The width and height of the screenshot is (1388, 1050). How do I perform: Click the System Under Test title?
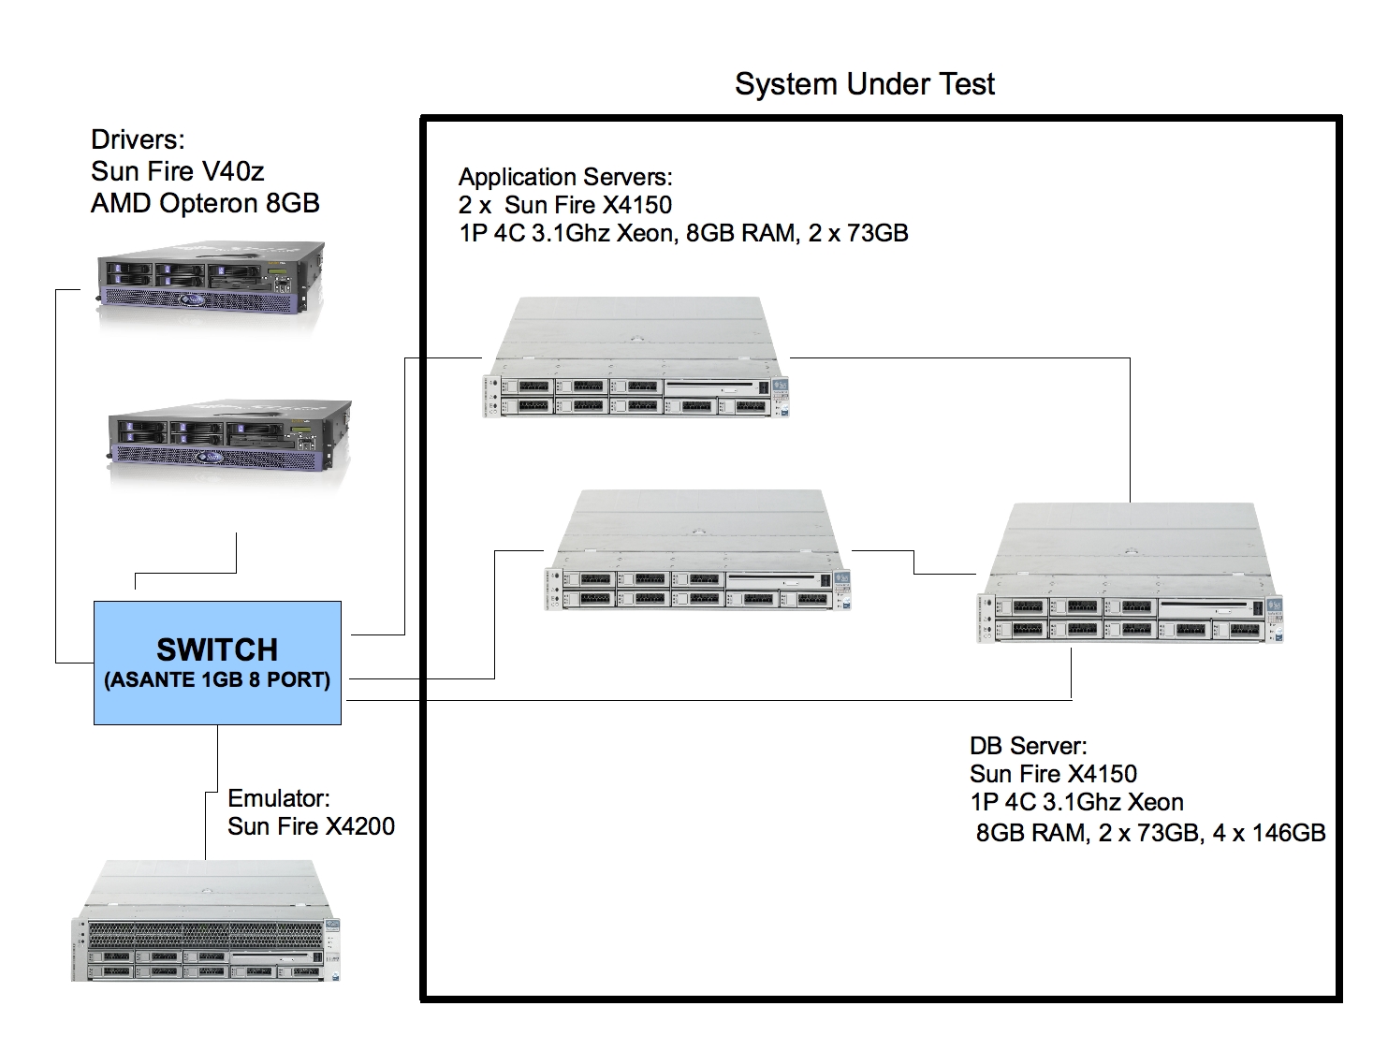click(x=864, y=84)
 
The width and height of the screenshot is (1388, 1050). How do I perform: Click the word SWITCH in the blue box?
click(x=217, y=649)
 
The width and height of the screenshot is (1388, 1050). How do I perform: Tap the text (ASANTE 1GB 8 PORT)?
click(x=217, y=680)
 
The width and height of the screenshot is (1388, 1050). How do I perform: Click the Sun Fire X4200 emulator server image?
click(x=206, y=922)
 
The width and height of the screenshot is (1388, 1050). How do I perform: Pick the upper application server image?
click(x=636, y=357)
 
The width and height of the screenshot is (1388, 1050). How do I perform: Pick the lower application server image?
click(x=697, y=552)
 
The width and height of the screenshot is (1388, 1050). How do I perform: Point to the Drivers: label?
click(x=138, y=140)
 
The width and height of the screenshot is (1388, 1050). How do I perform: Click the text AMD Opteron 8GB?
click(x=205, y=203)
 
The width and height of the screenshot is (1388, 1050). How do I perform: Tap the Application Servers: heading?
click(x=565, y=177)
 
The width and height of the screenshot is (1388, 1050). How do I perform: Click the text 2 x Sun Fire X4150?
click(x=565, y=205)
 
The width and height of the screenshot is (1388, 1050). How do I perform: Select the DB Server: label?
click(x=1028, y=746)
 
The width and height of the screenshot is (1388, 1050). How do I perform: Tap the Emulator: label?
click(x=279, y=798)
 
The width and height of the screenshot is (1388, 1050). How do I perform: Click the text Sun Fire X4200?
click(x=311, y=826)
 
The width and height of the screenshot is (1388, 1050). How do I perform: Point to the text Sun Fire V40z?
click(x=178, y=171)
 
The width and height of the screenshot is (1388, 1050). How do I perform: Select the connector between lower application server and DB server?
click(x=913, y=561)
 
